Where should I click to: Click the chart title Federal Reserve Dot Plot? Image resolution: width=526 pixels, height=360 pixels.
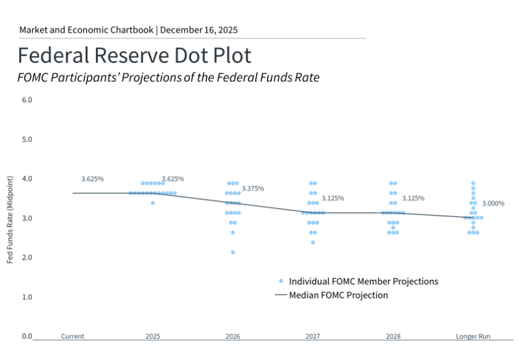point(134,56)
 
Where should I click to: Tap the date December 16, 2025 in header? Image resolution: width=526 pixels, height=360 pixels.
point(199,30)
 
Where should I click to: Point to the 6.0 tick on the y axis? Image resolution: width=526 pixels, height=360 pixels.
point(27,100)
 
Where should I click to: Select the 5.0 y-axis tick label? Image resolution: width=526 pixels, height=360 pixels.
point(27,139)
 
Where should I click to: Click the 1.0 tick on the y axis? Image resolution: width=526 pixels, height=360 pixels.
point(27,297)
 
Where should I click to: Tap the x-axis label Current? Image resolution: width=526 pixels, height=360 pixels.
point(72,336)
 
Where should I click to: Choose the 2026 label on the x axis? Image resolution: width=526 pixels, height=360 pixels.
point(233,336)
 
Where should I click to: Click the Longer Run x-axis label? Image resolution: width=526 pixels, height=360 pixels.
point(473,336)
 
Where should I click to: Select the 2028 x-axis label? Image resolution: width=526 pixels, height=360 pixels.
point(393,336)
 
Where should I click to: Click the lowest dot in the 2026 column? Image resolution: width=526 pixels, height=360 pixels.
point(233,252)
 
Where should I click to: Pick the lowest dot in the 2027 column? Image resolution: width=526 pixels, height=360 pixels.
point(313,242)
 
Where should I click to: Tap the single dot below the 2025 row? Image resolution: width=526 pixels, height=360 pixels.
point(152,203)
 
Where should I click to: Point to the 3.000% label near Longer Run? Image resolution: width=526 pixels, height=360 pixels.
point(493,203)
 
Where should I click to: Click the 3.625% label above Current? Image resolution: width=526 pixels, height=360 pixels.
point(92,179)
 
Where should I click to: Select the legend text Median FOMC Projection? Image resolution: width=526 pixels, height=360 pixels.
point(339,295)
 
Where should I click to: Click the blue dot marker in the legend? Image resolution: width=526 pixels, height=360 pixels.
point(281,281)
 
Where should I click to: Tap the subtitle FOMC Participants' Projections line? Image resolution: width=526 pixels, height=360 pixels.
point(168,78)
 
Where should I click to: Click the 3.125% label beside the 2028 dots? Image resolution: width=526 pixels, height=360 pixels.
point(413,198)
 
